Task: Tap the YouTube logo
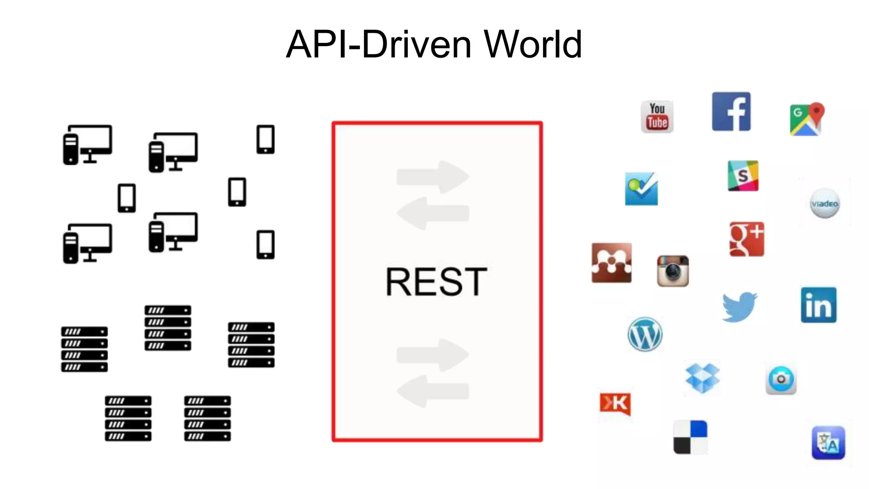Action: (657, 117)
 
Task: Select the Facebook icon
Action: (731, 112)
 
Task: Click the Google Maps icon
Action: (807, 119)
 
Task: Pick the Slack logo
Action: (743, 176)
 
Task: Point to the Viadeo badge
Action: (825, 203)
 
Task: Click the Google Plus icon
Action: (747, 239)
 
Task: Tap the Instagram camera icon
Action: (673, 271)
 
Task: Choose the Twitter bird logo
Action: (739, 306)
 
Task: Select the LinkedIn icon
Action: (819, 305)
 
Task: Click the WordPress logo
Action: (645, 334)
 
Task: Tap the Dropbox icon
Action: (702, 378)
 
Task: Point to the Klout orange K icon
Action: (615, 403)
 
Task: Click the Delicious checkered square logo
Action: (690, 437)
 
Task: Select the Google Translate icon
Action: (828, 443)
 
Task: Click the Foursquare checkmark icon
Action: (641, 189)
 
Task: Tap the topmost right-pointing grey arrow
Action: (433, 177)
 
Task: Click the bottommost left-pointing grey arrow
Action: (433, 391)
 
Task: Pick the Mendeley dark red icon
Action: (611, 263)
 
